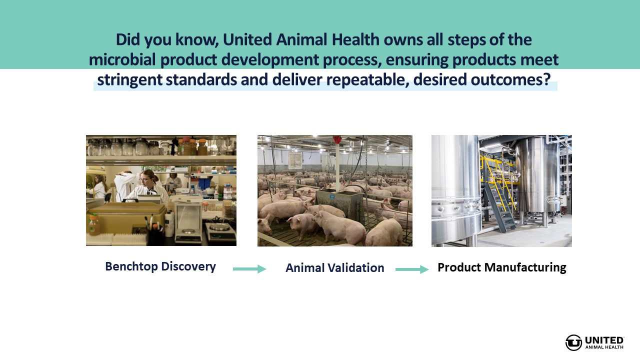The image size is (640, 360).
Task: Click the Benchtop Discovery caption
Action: [x=160, y=266]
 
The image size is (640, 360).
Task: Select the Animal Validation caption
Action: [x=335, y=268]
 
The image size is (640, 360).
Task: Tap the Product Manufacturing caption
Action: [x=501, y=267]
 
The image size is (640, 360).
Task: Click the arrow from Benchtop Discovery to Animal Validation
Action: [x=249, y=269]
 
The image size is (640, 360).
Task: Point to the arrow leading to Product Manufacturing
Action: [x=412, y=269]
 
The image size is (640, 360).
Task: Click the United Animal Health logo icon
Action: [x=573, y=342]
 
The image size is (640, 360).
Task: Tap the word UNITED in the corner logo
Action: [x=604, y=340]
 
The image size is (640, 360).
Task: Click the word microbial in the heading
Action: [x=122, y=59]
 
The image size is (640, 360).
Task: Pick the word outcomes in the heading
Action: [x=510, y=79]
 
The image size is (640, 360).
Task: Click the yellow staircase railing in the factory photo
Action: [x=498, y=180]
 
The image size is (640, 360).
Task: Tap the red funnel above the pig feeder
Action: [x=337, y=140]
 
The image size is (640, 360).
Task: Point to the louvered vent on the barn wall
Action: [x=295, y=160]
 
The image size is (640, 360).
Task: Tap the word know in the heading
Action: [x=196, y=39]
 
